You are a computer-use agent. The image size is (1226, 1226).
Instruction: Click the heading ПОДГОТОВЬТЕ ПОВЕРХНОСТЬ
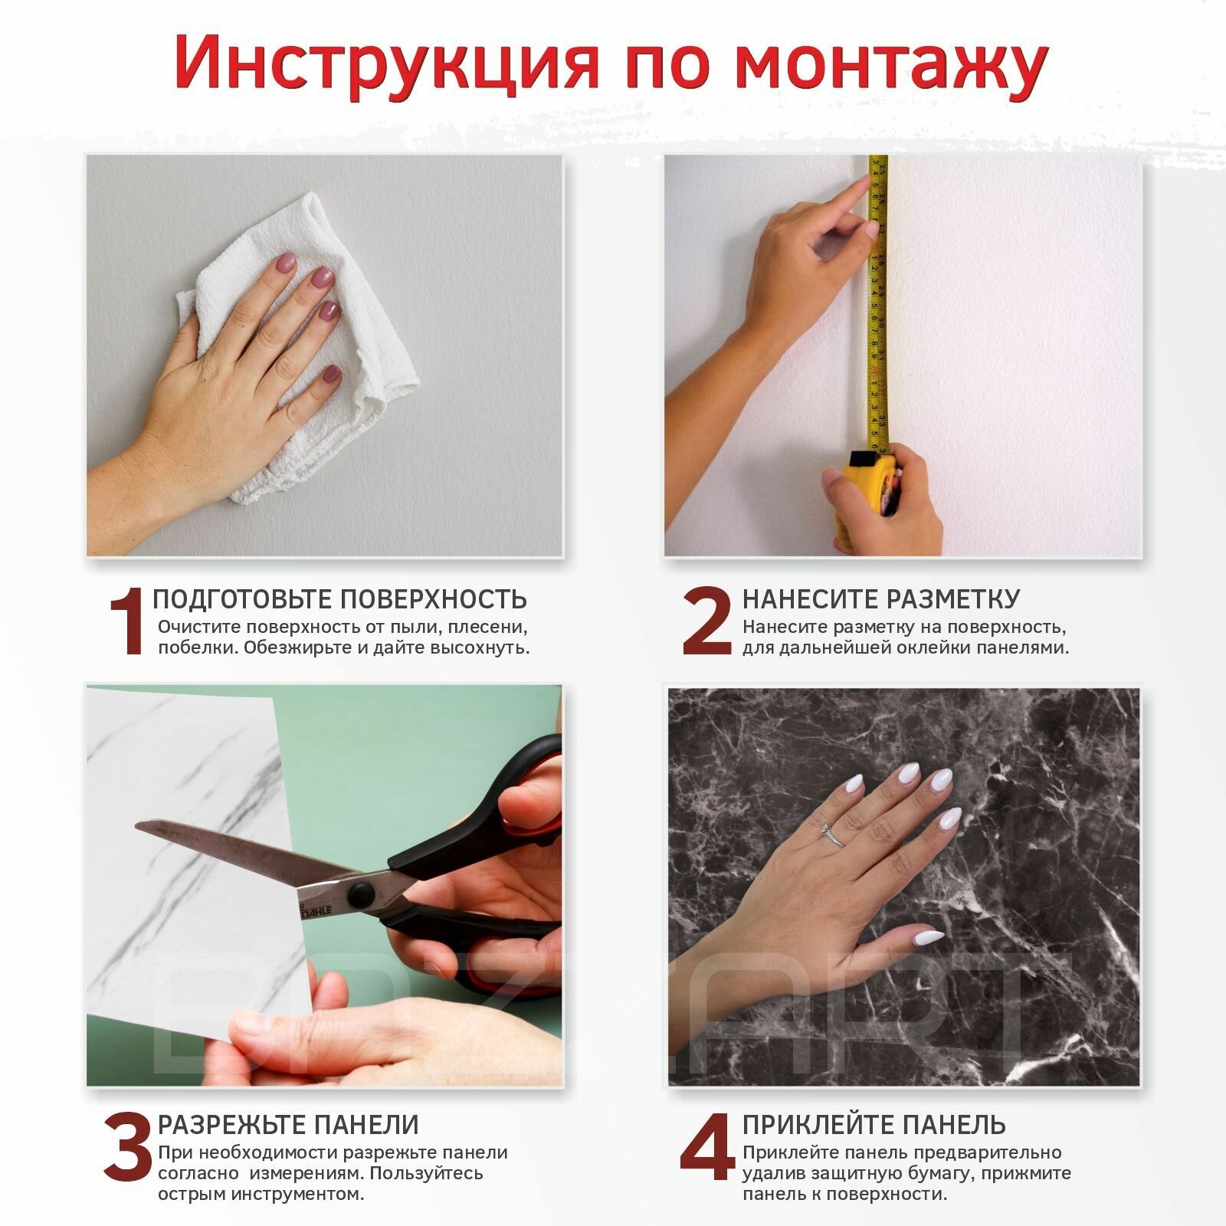click(x=340, y=599)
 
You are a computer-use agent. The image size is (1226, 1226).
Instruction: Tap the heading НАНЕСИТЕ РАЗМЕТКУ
click(x=881, y=599)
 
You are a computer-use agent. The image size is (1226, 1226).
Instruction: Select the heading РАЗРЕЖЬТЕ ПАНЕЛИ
click(x=288, y=1125)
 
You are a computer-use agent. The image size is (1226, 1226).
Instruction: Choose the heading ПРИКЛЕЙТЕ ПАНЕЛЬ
click(x=874, y=1125)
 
